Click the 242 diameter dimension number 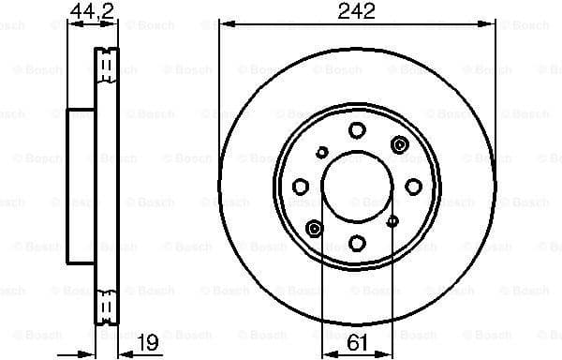356,11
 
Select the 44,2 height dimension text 86,11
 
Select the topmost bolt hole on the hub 357,130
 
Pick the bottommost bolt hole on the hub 357,244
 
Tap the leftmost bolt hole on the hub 301,187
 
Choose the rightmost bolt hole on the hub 413,187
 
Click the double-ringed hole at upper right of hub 400,143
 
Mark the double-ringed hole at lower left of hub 315,229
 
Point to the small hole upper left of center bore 322,151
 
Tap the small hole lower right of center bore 392,222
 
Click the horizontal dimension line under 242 356,24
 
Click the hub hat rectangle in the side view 81,186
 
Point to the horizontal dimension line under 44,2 86,24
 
